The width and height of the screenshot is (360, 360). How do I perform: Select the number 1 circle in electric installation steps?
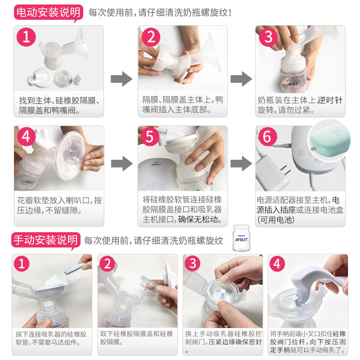pyautogui.click(x=26, y=37)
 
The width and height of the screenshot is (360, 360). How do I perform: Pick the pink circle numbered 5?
pyautogui.click(x=150, y=137)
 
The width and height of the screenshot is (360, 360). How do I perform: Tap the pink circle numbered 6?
pyautogui.click(x=268, y=137)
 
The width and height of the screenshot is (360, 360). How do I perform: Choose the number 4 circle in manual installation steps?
pyautogui.click(x=277, y=264)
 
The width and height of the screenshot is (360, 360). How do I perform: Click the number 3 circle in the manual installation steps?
pyautogui.click(x=193, y=264)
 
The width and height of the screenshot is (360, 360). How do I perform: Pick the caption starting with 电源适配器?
pyautogui.click(x=300, y=210)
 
